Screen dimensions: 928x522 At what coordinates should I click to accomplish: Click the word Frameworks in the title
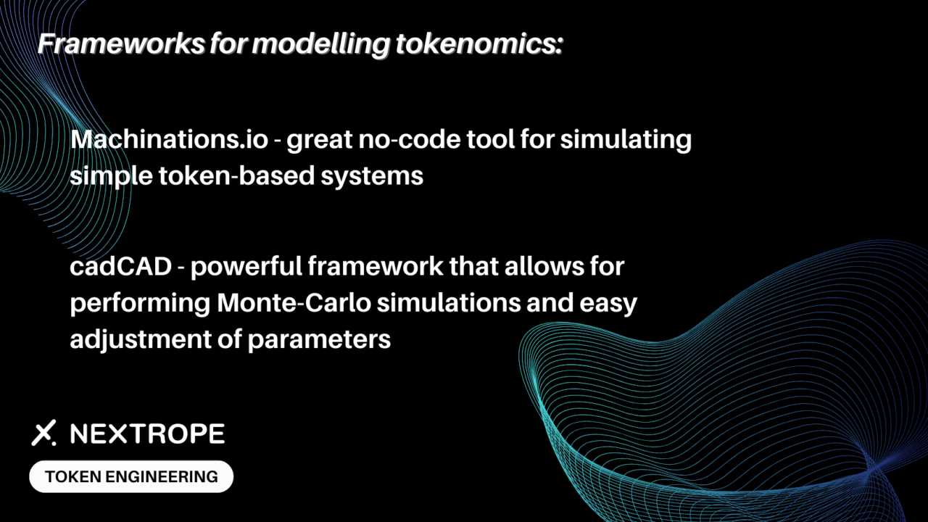(x=121, y=43)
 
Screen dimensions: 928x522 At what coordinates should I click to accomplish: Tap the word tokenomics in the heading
(x=479, y=43)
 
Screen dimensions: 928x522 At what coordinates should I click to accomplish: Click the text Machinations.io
(x=170, y=139)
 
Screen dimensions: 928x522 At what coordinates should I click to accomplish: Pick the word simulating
(x=626, y=141)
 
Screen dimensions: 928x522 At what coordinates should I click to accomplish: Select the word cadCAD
(x=120, y=266)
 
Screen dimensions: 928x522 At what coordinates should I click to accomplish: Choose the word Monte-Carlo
(x=294, y=303)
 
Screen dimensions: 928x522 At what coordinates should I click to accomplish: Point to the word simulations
(x=449, y=303)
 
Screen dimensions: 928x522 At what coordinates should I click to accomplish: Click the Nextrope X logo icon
(x=44, y=433)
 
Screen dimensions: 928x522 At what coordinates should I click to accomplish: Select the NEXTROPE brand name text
(x=147, y=434)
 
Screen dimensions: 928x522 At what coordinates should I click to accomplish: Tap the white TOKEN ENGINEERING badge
(x=131, y=476)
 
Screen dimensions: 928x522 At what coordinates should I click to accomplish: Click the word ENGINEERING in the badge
(x=162, y=477)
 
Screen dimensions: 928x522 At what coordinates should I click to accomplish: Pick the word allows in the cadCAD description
(x=542, y=266)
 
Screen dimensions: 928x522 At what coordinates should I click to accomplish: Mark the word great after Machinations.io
(x=320, y=141)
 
